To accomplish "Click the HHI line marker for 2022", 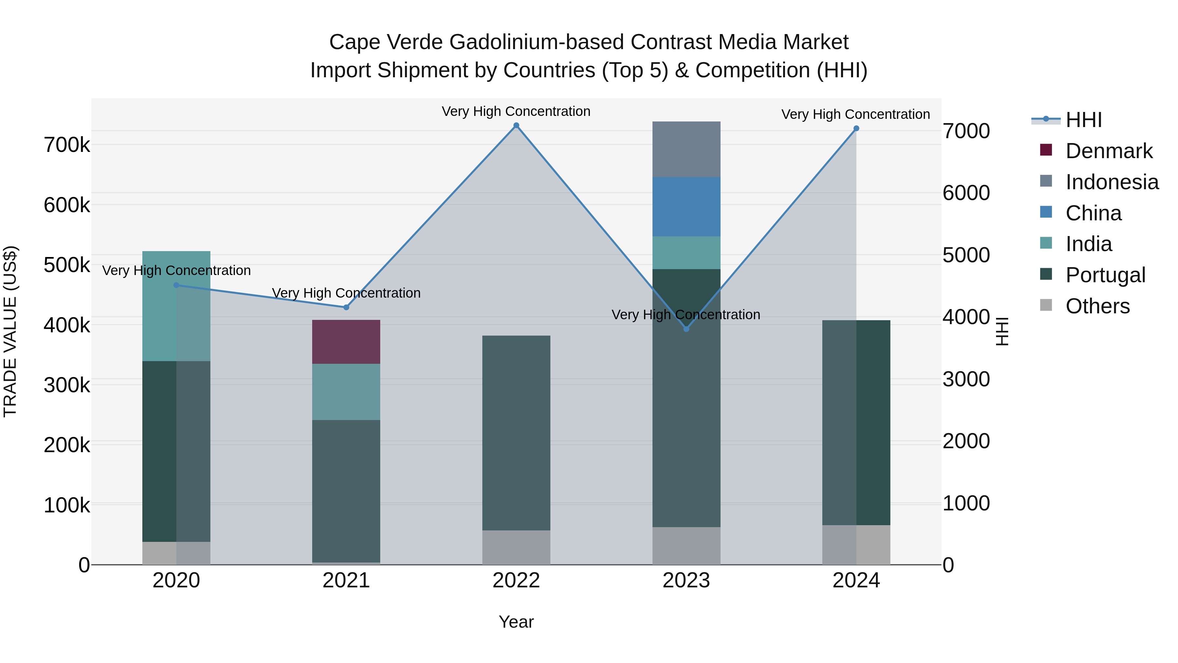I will pos(516,125).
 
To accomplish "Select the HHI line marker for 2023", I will pos(686,329).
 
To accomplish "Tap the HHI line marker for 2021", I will pos(346,307).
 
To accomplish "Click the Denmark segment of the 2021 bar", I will pos(346,342).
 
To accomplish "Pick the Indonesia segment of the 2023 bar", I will pos(686,149).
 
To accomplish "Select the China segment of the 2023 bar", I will pos(686,207).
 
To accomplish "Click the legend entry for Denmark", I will pos(1109,151).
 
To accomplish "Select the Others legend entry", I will pos(1097,306).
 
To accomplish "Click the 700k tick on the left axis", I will pos(67,145).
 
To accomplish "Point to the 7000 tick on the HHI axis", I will pos(966,131).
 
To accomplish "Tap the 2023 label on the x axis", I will pos(686,580).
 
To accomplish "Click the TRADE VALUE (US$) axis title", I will pos(10,331).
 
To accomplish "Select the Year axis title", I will pos(516,622).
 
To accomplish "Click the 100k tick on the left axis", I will pos(67,505).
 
